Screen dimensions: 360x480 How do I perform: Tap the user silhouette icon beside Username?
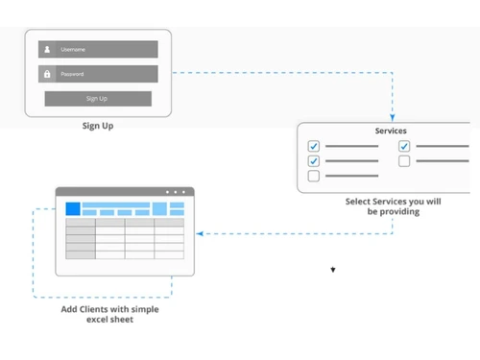click(46, 49)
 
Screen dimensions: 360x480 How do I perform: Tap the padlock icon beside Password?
click(46, 74)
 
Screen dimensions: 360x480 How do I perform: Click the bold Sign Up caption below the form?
click(97, 125)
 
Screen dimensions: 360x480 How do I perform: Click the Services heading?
click(390, 131)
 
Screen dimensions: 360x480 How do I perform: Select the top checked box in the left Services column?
click(313, 147)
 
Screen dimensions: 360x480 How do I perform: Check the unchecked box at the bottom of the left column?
click(313, 177)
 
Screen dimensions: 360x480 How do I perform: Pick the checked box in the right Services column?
click(404, 147)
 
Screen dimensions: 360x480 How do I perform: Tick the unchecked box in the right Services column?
click(404, 161)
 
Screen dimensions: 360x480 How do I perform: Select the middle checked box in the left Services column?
click(313, 161)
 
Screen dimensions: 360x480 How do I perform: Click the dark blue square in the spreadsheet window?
click(73, 208)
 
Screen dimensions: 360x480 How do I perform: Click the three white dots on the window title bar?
click(176, 192)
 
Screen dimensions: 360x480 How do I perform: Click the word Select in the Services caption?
click(361, 203)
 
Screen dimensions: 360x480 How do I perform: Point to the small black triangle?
click(333, 270)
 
